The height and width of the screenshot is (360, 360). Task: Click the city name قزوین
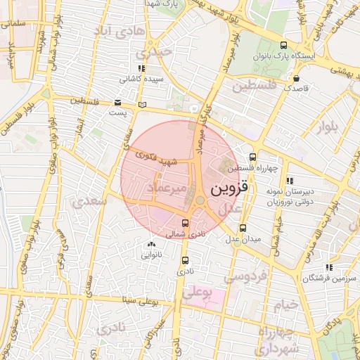pyautogui.click(x=231, y=189)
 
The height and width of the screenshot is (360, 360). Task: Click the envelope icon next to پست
pyautogui.click(x=117, y=101)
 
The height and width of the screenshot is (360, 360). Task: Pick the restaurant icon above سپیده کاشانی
pyautogui.click(x=141, y=68)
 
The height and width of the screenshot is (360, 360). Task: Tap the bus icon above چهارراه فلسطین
pyautogui.click(x=253, y=157)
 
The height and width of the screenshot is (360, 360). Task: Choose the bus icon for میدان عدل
pyautogui.click(x=243, y=228)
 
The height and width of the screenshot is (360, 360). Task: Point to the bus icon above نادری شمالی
pyautogui.click(x=185, y=223)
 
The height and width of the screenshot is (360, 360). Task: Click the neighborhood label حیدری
pyautogui.click(x=154, y=52)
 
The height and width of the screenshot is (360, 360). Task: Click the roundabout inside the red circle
pyautogui.click(x=200, y=201)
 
